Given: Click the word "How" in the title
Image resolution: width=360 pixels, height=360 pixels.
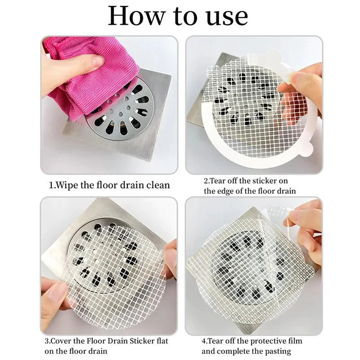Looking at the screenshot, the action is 136,16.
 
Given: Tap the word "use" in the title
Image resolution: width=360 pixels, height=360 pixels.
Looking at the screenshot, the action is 227,18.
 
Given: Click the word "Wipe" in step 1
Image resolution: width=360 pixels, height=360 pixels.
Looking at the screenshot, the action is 67,185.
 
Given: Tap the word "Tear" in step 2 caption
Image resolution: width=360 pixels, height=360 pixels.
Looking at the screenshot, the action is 217,181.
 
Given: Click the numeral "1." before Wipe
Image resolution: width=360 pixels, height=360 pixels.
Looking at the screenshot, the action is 52,185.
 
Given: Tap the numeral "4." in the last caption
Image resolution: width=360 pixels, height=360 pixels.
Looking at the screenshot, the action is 204,342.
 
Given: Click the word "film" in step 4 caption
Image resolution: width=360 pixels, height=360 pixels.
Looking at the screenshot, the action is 295,341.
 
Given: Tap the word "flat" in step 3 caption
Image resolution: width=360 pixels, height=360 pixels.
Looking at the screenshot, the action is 162,341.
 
